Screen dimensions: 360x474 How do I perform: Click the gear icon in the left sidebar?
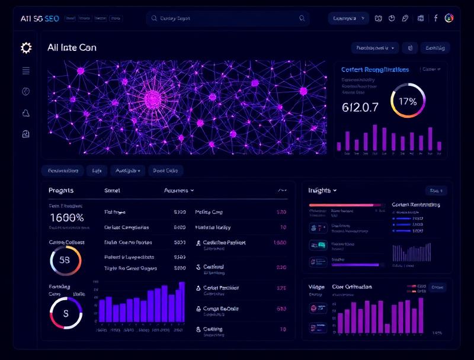pyautogui.click(x=26, y=47)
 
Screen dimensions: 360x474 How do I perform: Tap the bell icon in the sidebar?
pyautogui.click(x=26, y=113)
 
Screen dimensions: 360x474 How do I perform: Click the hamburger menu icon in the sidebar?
pyautogui.click(x=26, y=70)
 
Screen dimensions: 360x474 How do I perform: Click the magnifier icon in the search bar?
pyautogui.click(x=155, y=18)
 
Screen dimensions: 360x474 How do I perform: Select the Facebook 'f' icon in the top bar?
pyautogui.click(x=435, y=18)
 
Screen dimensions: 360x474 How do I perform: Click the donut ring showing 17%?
pyautogui.click(x=408, y=101)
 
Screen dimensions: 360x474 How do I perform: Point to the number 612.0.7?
pyautogui.click(x=360, y=107)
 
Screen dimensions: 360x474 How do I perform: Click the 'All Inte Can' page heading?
pyautogui.click(x=72, y=47)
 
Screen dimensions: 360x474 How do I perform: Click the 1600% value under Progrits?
pyautogui.click(x=67, y=218)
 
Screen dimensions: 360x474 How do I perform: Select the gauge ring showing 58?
pyautogui.click(x=65, y=261)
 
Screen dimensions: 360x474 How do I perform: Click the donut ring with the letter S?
pyautogui.click(x=65, y=313)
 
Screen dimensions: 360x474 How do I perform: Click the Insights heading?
pyautogui.click(x=322, y=190)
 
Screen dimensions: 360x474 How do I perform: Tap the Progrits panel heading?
pyautogui.click(x=61, y=190)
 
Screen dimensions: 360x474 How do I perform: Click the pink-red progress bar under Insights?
pyautogui.click(x=341, y=205)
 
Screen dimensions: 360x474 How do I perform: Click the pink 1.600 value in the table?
pyautogui.click(x=280, y=242)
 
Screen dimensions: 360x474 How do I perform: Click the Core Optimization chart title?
pyautogui.click(x=352, y=287)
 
